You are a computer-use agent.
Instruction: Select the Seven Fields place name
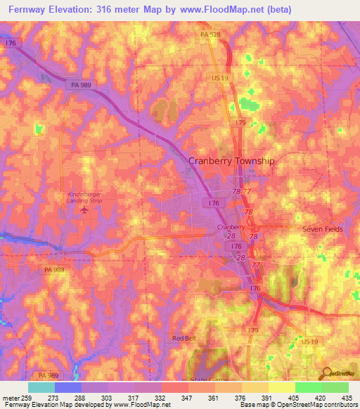321,230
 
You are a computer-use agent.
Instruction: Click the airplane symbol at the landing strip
84,209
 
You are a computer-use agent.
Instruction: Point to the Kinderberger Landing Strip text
85,195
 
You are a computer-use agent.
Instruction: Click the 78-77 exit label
241,190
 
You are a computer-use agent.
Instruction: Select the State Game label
205,379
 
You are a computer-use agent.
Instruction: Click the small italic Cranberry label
231,228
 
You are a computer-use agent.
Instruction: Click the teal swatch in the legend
41,387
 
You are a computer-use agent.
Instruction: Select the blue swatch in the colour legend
68,387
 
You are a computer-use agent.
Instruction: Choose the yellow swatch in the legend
281,387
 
